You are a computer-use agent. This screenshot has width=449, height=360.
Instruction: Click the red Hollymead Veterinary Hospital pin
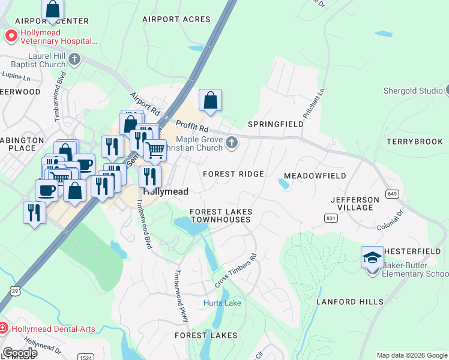click(x=11, y=37)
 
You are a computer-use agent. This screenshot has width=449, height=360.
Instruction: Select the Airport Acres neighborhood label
click(x=169, y=19)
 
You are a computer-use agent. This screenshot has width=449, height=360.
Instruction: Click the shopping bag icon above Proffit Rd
click(x=211, y=101)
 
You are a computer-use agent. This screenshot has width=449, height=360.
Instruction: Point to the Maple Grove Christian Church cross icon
click(x=232, y=143)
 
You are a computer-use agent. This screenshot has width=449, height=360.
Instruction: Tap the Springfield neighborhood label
click(x=276, y=124)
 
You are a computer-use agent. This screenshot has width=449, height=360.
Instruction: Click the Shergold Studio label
click(x=413, y=91)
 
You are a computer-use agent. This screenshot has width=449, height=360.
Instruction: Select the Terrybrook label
click(x=414, y=142)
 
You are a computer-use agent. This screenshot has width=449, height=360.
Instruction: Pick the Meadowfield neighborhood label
click(x=315, y=176)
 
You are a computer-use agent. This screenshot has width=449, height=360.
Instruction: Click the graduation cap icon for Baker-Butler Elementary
click(x=372, y=257)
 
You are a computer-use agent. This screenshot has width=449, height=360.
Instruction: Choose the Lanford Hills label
click(x=349, y=301)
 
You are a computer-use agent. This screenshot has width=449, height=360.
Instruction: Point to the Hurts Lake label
click(x=222, y=303)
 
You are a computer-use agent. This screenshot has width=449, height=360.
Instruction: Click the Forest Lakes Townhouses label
click(x=220, y=216)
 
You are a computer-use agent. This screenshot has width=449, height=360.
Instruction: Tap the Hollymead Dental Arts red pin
click(x=4, y=328)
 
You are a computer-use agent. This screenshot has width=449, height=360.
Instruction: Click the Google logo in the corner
click(x=20, y=353)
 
